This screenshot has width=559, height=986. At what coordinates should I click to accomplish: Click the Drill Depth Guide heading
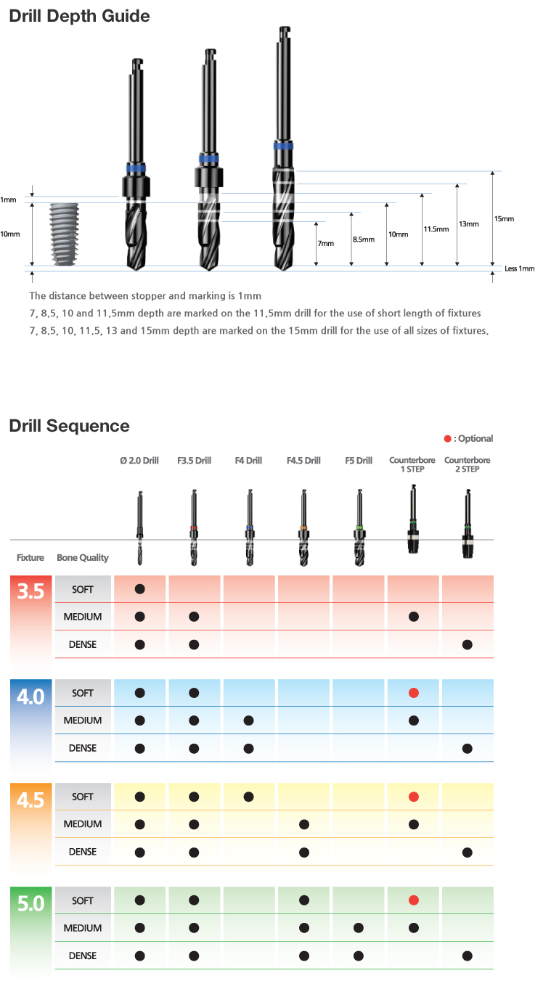click(79, 16)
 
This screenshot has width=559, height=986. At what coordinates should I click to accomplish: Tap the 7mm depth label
click(326, 244)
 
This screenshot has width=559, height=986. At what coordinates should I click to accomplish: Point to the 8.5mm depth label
click(364, 239)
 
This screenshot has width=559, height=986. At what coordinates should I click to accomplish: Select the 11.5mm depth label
click(436, 229)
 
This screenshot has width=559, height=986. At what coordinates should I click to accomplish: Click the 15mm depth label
click(504, 219)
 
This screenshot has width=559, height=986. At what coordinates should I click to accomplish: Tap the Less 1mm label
click(519, 268)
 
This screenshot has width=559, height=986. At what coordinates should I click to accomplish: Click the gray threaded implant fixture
click(65, 234)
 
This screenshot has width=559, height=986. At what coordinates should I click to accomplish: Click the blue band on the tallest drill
click(283, 146)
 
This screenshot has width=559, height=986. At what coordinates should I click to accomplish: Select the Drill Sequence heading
click(69, 426)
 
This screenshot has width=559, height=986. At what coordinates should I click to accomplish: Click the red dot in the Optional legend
click(447, 438)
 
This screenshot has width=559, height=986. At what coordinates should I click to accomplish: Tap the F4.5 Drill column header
click(303, 461)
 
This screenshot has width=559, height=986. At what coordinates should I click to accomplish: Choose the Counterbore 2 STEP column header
click(468, 464)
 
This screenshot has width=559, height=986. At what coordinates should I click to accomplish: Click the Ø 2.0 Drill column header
click(139, 461)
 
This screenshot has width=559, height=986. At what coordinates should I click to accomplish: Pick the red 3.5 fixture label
click(30, 591)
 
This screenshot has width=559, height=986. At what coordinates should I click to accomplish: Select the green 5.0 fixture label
click(30, 903)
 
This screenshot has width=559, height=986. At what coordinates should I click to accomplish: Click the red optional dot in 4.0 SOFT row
click(414, 693)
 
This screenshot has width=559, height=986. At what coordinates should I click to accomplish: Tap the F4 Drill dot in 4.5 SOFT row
click(248, 797)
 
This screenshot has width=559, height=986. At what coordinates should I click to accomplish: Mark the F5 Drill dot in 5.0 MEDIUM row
click(359, 928)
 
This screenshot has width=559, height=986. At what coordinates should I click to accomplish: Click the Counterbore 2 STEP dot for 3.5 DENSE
click(468, 645)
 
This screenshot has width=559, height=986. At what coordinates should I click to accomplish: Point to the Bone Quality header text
click(82, 558)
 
